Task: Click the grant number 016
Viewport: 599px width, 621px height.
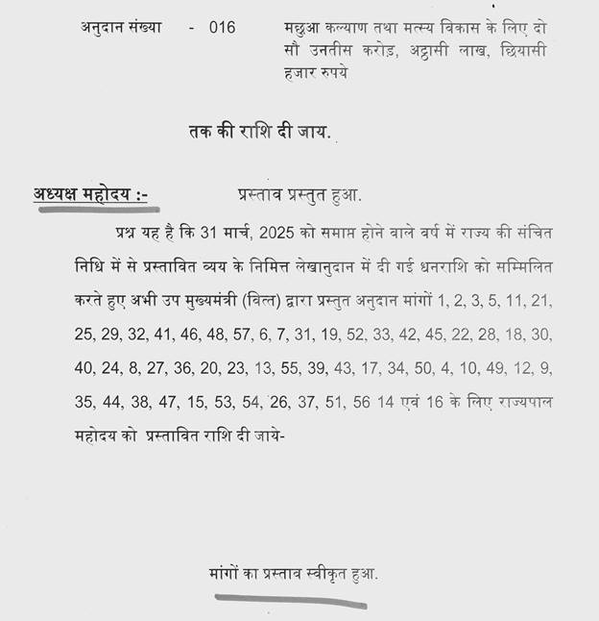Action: pos(223,28)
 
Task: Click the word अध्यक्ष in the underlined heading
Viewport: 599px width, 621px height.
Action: pos(60,195)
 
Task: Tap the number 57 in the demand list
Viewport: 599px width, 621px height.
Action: pos(237,335)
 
